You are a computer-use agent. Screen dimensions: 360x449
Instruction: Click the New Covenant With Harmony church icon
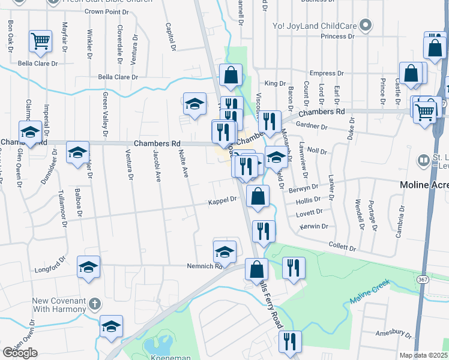(94, 304)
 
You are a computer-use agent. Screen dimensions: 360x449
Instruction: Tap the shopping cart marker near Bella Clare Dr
(41, 41)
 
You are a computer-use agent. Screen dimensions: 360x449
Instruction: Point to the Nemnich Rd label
(204, 266)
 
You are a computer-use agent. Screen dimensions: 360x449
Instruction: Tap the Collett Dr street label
(343, 247)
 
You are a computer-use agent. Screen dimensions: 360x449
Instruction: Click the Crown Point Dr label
(103, 11)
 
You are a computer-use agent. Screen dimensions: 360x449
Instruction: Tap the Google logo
(20, 353)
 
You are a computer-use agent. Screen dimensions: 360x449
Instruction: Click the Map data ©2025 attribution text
(423, 355)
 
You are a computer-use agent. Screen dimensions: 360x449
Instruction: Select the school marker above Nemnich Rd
(224, 252)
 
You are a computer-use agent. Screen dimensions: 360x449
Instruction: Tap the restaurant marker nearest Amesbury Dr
(290, 341)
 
